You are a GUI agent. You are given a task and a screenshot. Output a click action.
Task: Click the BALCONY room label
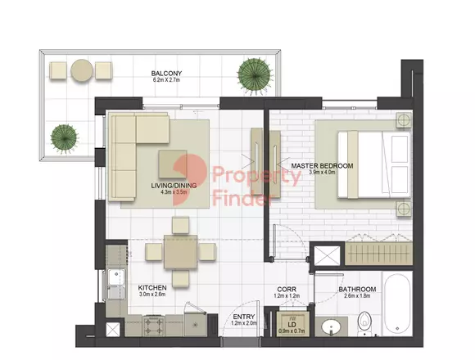pyautogui.click(x=166, y=74)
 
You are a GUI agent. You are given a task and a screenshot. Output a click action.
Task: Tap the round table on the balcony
pyautogui.click(x=82, y=70)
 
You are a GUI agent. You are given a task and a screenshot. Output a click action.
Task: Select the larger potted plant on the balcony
pyautogui.click(x=254, y=74)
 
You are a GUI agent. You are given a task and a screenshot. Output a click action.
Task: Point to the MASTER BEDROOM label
pyautogui.click(x=322, y=166)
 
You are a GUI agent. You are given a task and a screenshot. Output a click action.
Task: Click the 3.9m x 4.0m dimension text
pyautogui.click(x=322, y=173)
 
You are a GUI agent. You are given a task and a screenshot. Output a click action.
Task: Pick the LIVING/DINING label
pyautogui.click(x=174, y=186)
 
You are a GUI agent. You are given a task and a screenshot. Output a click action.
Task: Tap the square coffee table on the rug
pyautogui.click(x=172, y=164)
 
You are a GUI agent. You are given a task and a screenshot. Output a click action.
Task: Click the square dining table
pyautogui.click(x=180, y=252)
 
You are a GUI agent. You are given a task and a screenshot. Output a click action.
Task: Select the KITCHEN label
pyautogui.click(x=152, y=288)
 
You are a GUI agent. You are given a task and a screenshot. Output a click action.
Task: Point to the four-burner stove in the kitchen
pyautogui.click(x=154, y=326)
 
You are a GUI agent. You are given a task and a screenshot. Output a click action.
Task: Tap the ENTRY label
pyautogui.click(x=244, y=317)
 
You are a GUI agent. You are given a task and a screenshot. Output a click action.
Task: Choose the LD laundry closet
pyautogui.click(x=292, y=324)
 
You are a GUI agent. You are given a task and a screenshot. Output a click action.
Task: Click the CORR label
pyautogui.click(x=287, y=290)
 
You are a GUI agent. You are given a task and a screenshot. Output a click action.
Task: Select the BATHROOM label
pyautogui.click(x=357, y=289)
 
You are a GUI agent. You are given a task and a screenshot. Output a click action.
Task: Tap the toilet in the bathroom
pyautogui.click(x=364, y=324)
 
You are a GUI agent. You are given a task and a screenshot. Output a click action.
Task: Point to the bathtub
pyautogui.click(x=397, y=304)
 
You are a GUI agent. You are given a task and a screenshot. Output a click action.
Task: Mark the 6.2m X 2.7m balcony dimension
pyautogui.click(x=166, y=80)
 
